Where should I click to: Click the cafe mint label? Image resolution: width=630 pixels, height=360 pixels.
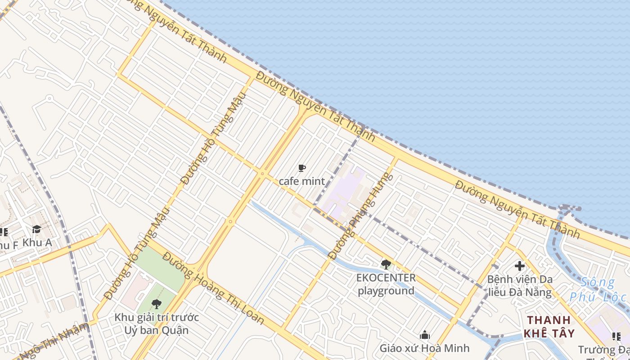(301, 181)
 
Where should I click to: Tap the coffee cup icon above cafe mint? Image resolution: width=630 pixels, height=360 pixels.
(301, 168)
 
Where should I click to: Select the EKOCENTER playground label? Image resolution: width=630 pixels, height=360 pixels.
(386, 284)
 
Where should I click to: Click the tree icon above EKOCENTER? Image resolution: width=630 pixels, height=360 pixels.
(385, 264)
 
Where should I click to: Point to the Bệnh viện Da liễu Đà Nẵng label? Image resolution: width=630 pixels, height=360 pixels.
(520, 286)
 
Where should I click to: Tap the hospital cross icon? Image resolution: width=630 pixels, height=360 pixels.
(520, 265)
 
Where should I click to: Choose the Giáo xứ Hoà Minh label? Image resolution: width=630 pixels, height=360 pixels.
(424, 348)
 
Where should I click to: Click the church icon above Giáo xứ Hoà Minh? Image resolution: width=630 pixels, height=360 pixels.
(424, 335)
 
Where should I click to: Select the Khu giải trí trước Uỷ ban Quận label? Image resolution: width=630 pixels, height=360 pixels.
(156, 324)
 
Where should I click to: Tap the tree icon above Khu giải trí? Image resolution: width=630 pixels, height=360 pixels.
(156, 304)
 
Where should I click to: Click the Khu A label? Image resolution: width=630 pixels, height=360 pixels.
(37, 242)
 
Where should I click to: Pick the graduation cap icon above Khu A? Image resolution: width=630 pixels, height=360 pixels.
(36, 229)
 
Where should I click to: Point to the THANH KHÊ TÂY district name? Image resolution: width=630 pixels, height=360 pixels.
(551, 327)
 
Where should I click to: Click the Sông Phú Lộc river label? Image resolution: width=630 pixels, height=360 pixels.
(598, 290)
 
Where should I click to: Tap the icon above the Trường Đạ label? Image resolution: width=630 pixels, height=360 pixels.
(616, 336)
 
